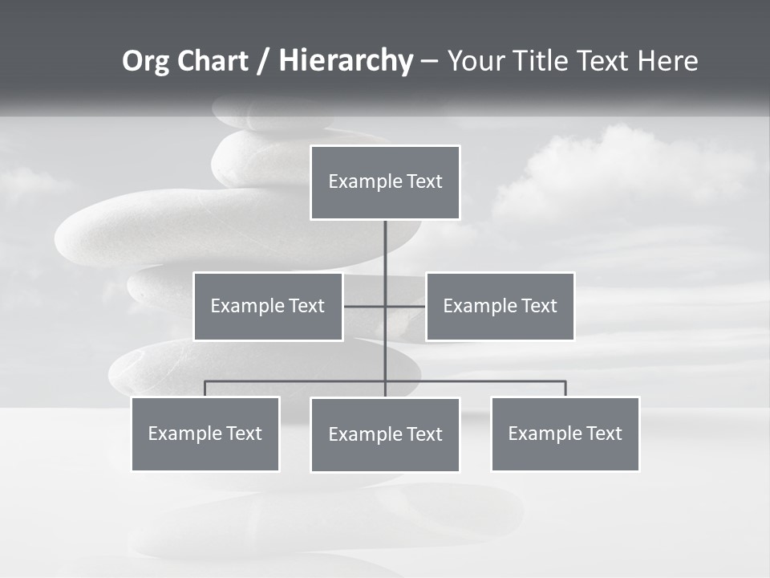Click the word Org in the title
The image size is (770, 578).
145,61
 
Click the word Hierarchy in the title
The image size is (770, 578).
345,61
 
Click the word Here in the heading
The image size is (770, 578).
667,61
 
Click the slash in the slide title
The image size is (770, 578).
264,62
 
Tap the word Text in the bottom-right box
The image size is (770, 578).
603,433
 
